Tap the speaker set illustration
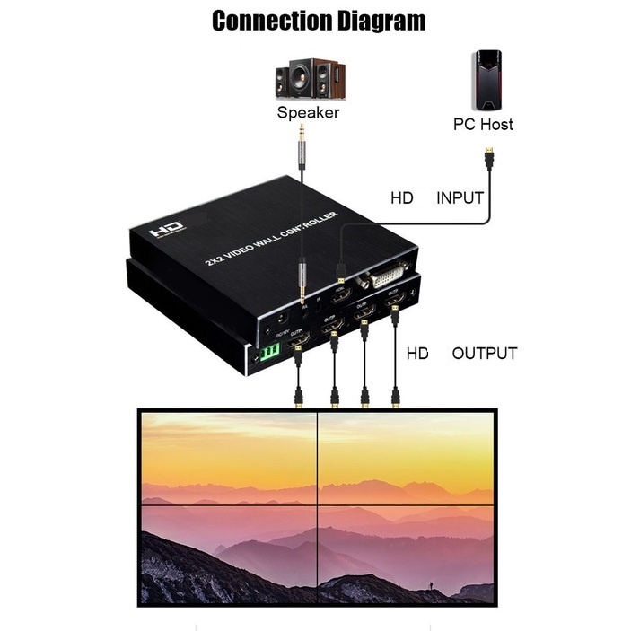pyautogui.click(x=309, y=79)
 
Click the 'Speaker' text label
pyautogui.click(x=308, y=113)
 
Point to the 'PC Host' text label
pyautogui.click(x=483, y=125)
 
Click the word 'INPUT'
pyautogui.click(x=460, y=197)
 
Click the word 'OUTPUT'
pyautogui.click(x=485, y=353)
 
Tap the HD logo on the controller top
pyautogui.click(x=167, y=231)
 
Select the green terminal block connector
pyautogui.click(x=269, y=350)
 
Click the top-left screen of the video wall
pyautogui.click(x=229, y=458)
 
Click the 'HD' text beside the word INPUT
pyautogui.click(x=402, y=197)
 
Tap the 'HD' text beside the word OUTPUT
pyautogui.click(x=417, y=353)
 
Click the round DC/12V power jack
pyautogui.click(x=280, y=319)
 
